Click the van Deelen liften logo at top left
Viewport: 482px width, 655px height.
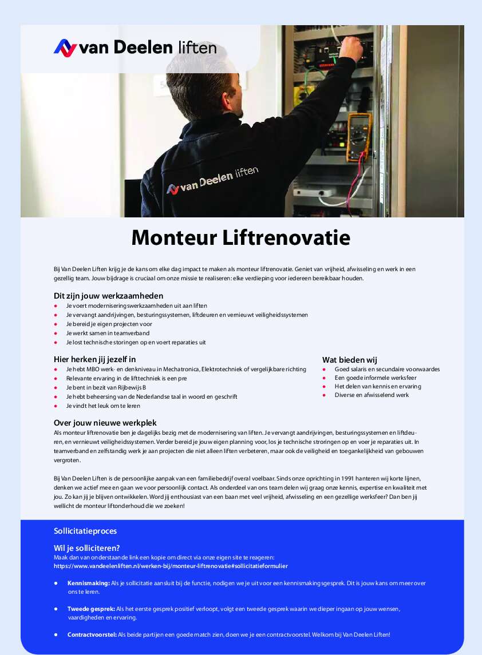(135, 47)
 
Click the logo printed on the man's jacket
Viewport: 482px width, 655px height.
(212, 180)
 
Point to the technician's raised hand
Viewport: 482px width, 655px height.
(351, 48)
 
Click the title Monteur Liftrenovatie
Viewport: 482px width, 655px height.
(240, 237)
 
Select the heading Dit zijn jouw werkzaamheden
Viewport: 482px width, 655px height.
(108, 296)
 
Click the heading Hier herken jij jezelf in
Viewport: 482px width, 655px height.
(94, 359)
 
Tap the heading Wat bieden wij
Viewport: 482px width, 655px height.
(349, 360)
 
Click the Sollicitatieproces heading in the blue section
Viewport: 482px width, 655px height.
(85, 531)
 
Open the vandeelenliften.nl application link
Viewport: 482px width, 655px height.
(171, 566)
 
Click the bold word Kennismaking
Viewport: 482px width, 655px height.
(88, 583)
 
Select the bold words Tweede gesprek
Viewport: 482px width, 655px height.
(91, 609)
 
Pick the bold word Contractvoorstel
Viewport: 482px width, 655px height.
(92, 634)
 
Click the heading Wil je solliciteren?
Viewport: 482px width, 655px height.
(86, 548)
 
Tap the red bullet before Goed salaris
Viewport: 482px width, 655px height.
(325, 369)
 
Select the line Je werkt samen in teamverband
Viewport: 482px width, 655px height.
(108, 333)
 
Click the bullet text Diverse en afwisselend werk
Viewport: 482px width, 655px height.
(372, 395)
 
